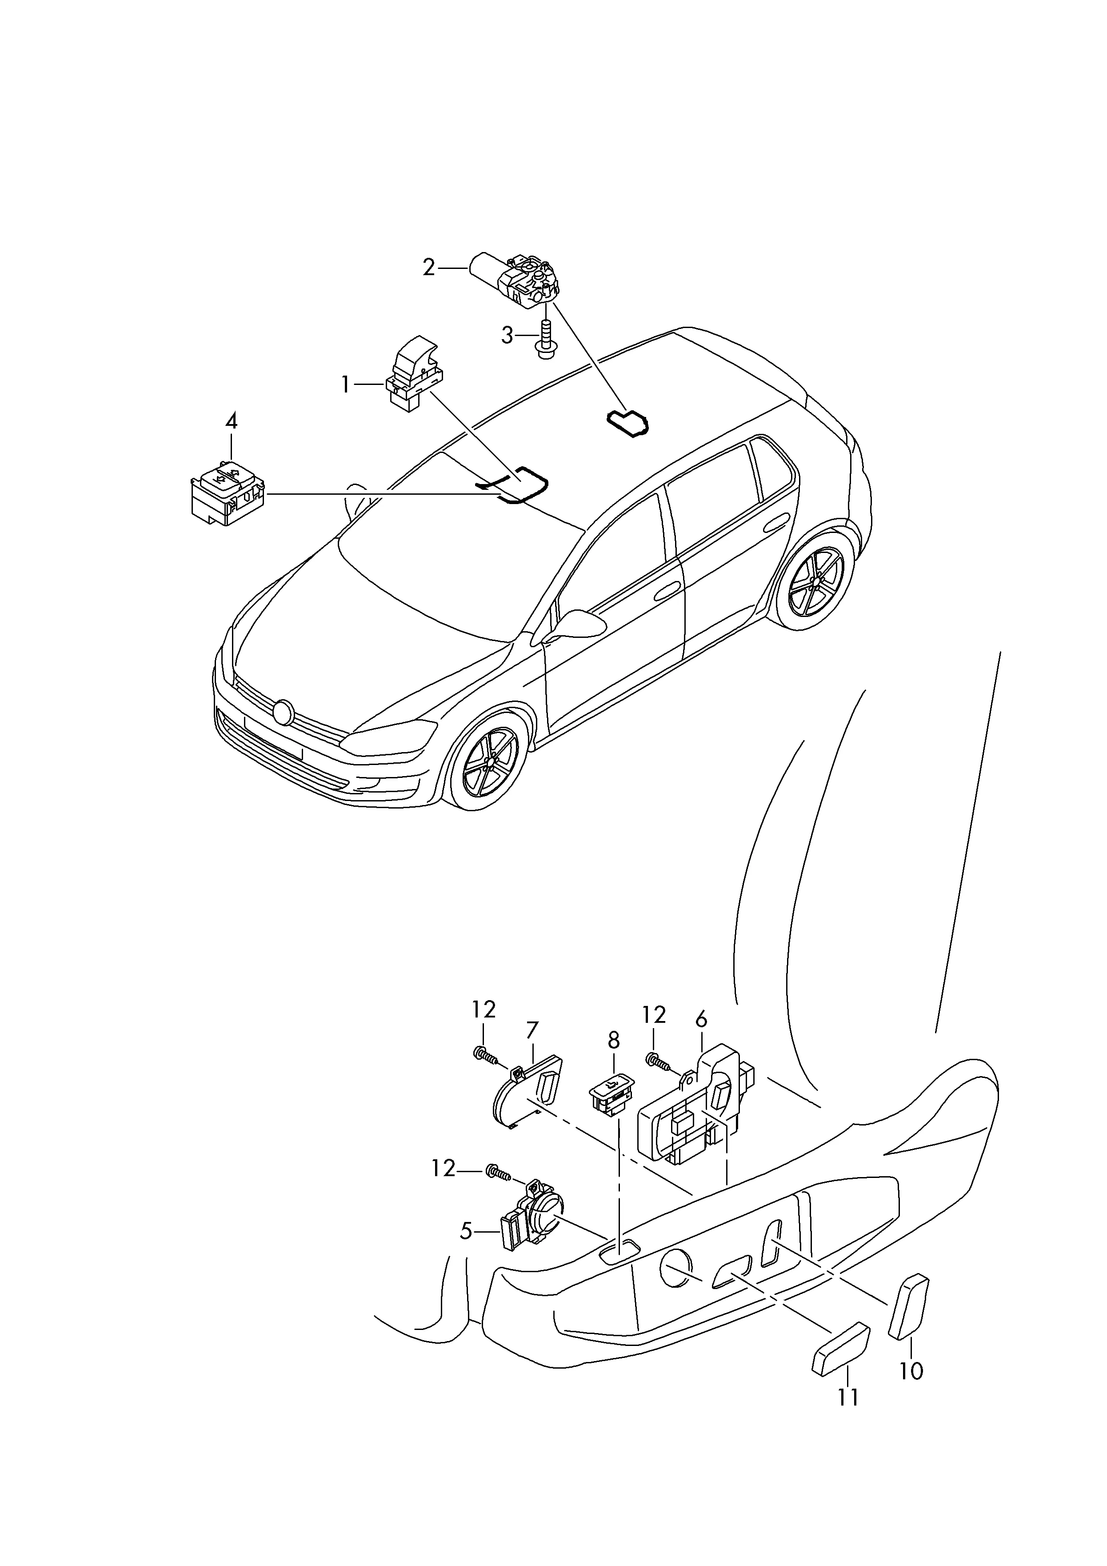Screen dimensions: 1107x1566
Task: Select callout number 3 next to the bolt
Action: [507, 336]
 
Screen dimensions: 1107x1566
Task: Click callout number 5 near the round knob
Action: [467, 1232]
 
